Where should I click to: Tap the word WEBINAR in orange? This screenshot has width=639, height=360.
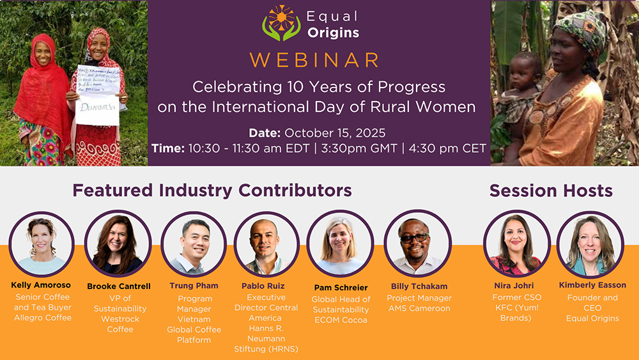pos(314,59)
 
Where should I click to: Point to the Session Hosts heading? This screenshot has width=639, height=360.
pos(551,191)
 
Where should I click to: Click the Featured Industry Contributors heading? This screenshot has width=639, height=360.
pos(212,191)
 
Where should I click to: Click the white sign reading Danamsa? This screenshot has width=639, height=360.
pos(97,111)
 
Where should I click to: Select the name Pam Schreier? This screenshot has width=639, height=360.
pos(341,288)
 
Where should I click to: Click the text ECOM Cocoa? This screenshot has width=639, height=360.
pos(341,320)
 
